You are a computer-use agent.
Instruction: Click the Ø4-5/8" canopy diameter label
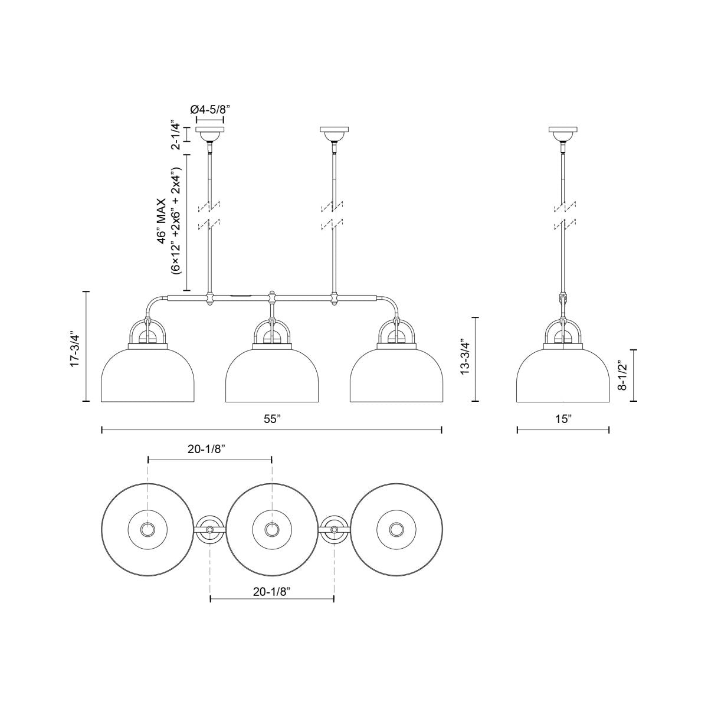(209, 109)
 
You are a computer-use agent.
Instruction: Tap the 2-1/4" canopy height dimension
(175, 135)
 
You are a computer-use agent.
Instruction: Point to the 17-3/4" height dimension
(75, 346)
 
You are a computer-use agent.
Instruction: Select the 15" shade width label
(563, 419)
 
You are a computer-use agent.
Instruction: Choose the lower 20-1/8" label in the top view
(272, 591)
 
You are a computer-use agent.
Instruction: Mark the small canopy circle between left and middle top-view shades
(209, 530)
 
